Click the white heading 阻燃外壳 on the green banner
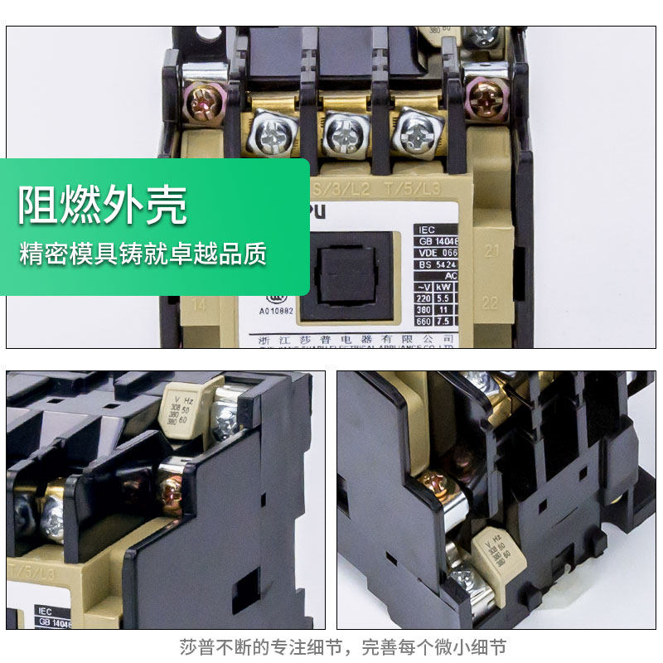point(103,206)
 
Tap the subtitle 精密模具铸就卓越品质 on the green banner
point(143,254)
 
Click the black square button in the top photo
point(346,277)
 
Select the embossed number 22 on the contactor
point(490,303)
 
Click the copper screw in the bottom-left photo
point(171,494)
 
